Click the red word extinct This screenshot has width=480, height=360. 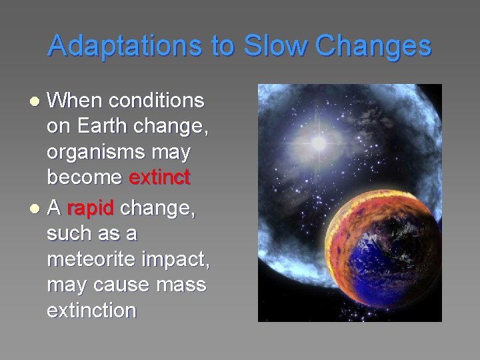pos(159,178)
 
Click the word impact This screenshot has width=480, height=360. pos(177,260)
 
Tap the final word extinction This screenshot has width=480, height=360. pos(91,310)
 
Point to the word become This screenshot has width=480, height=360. pos(85,178)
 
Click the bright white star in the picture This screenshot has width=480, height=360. pos(319,143)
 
